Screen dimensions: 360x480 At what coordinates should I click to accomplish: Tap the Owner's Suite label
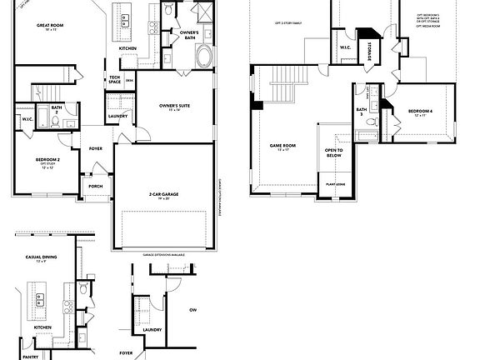tap(176, 106)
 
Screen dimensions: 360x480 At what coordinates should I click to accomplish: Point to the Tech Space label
tap(115, 79)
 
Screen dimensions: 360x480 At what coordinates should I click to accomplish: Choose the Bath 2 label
tap(56, 108)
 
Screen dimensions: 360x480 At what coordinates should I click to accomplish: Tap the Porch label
tap(95, 186)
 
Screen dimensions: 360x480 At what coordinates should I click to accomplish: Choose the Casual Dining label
tap(41, 257)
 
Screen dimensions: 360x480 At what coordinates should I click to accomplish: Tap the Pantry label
tap(31, 355)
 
